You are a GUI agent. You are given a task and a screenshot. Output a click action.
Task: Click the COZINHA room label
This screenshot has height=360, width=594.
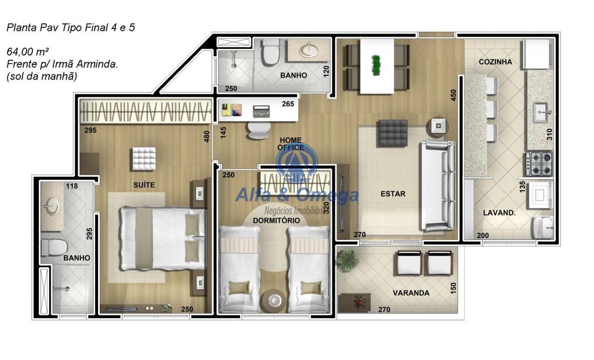coord(495,61)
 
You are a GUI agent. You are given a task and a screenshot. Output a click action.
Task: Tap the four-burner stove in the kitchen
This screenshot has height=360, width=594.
coord(539,163)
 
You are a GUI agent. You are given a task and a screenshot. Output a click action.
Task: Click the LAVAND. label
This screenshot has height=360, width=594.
coord(499,213)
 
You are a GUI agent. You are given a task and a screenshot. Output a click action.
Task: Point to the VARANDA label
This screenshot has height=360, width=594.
coord(411,293)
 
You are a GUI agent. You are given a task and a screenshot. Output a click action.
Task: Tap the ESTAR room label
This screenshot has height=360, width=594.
coord(393,194)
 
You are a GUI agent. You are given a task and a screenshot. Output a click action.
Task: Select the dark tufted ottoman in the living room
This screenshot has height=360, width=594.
coord(393,133)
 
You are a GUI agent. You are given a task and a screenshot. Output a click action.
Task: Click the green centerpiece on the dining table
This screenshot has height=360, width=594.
coord(376,66)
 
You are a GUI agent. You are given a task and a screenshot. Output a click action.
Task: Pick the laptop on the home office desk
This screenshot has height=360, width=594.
coord(262,111)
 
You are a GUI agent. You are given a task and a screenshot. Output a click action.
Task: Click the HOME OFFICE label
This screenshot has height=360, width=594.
coord(291,144)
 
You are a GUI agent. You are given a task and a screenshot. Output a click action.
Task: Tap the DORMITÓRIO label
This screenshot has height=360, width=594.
coord(276,220)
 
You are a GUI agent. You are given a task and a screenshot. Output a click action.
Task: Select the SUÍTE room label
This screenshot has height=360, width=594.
coord(144,185)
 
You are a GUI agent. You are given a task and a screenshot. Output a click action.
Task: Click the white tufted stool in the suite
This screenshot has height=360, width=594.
coord(144,159)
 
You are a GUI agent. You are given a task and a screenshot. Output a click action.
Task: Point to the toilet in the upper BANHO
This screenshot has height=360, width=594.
coord(271,51)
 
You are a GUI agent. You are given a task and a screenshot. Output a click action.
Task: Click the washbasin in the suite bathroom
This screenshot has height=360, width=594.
coord(52,206)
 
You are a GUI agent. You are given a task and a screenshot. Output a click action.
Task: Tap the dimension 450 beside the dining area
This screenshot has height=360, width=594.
coord(454,94)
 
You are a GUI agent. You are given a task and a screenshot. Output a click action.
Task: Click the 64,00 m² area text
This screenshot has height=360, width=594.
coord(28,52)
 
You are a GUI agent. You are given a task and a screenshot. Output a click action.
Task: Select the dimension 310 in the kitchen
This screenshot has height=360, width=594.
coord(549,134)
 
